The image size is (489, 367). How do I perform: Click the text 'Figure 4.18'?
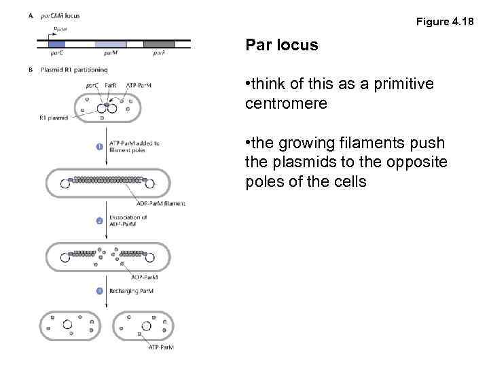pyautogui.click(x=444, y=22)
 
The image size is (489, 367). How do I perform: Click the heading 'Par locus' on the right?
pyautogui.click(x=282, y=46)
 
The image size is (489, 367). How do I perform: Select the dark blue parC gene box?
pyautogui.click(x=57, y=44)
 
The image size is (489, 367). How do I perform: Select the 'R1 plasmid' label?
pyautogui.click(x=53, y=118)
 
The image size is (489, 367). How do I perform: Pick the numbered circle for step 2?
pyautogui.click(x=99, y=220)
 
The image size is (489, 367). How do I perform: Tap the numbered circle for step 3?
pyautogui.click(x=99, y=291)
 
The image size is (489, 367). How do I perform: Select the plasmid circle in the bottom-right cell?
pyautogui.click(x=143, y=326)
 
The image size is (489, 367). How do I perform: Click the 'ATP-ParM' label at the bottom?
pyautogui.click(x=161, y=347)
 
